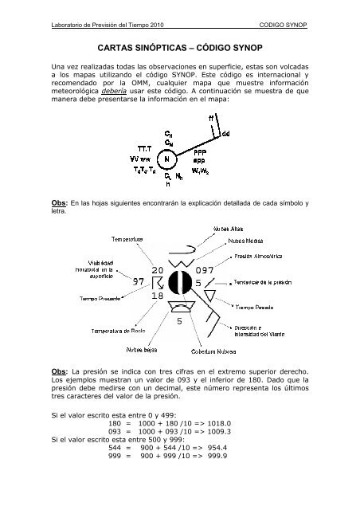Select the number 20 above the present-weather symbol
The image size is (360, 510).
(155, 272)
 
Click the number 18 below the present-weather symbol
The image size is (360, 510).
(156, 296)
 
